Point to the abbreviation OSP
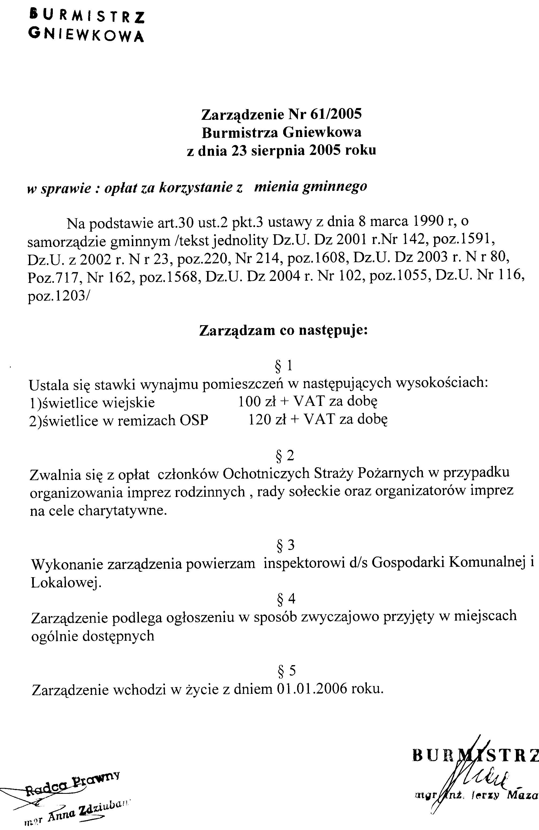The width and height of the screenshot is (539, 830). pos(194,421)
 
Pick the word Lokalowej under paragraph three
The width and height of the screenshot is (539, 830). pos(66,583)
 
